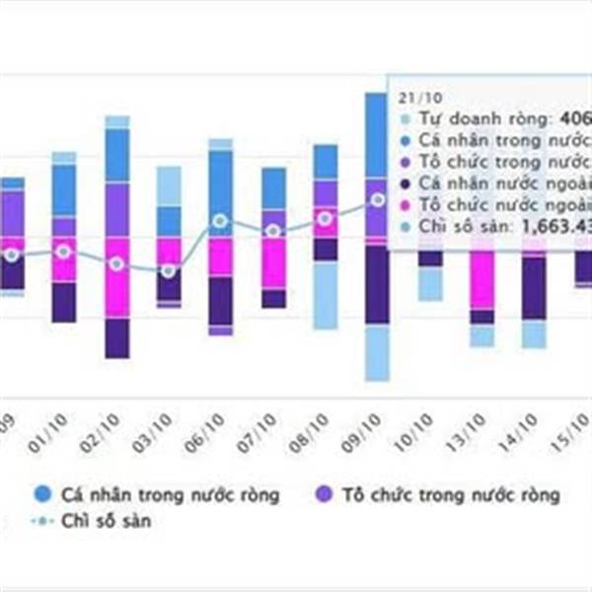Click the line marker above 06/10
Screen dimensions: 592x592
point(220,221)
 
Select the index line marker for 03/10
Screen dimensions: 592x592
point(169,270)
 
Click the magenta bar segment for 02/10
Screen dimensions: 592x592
point(117,277)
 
